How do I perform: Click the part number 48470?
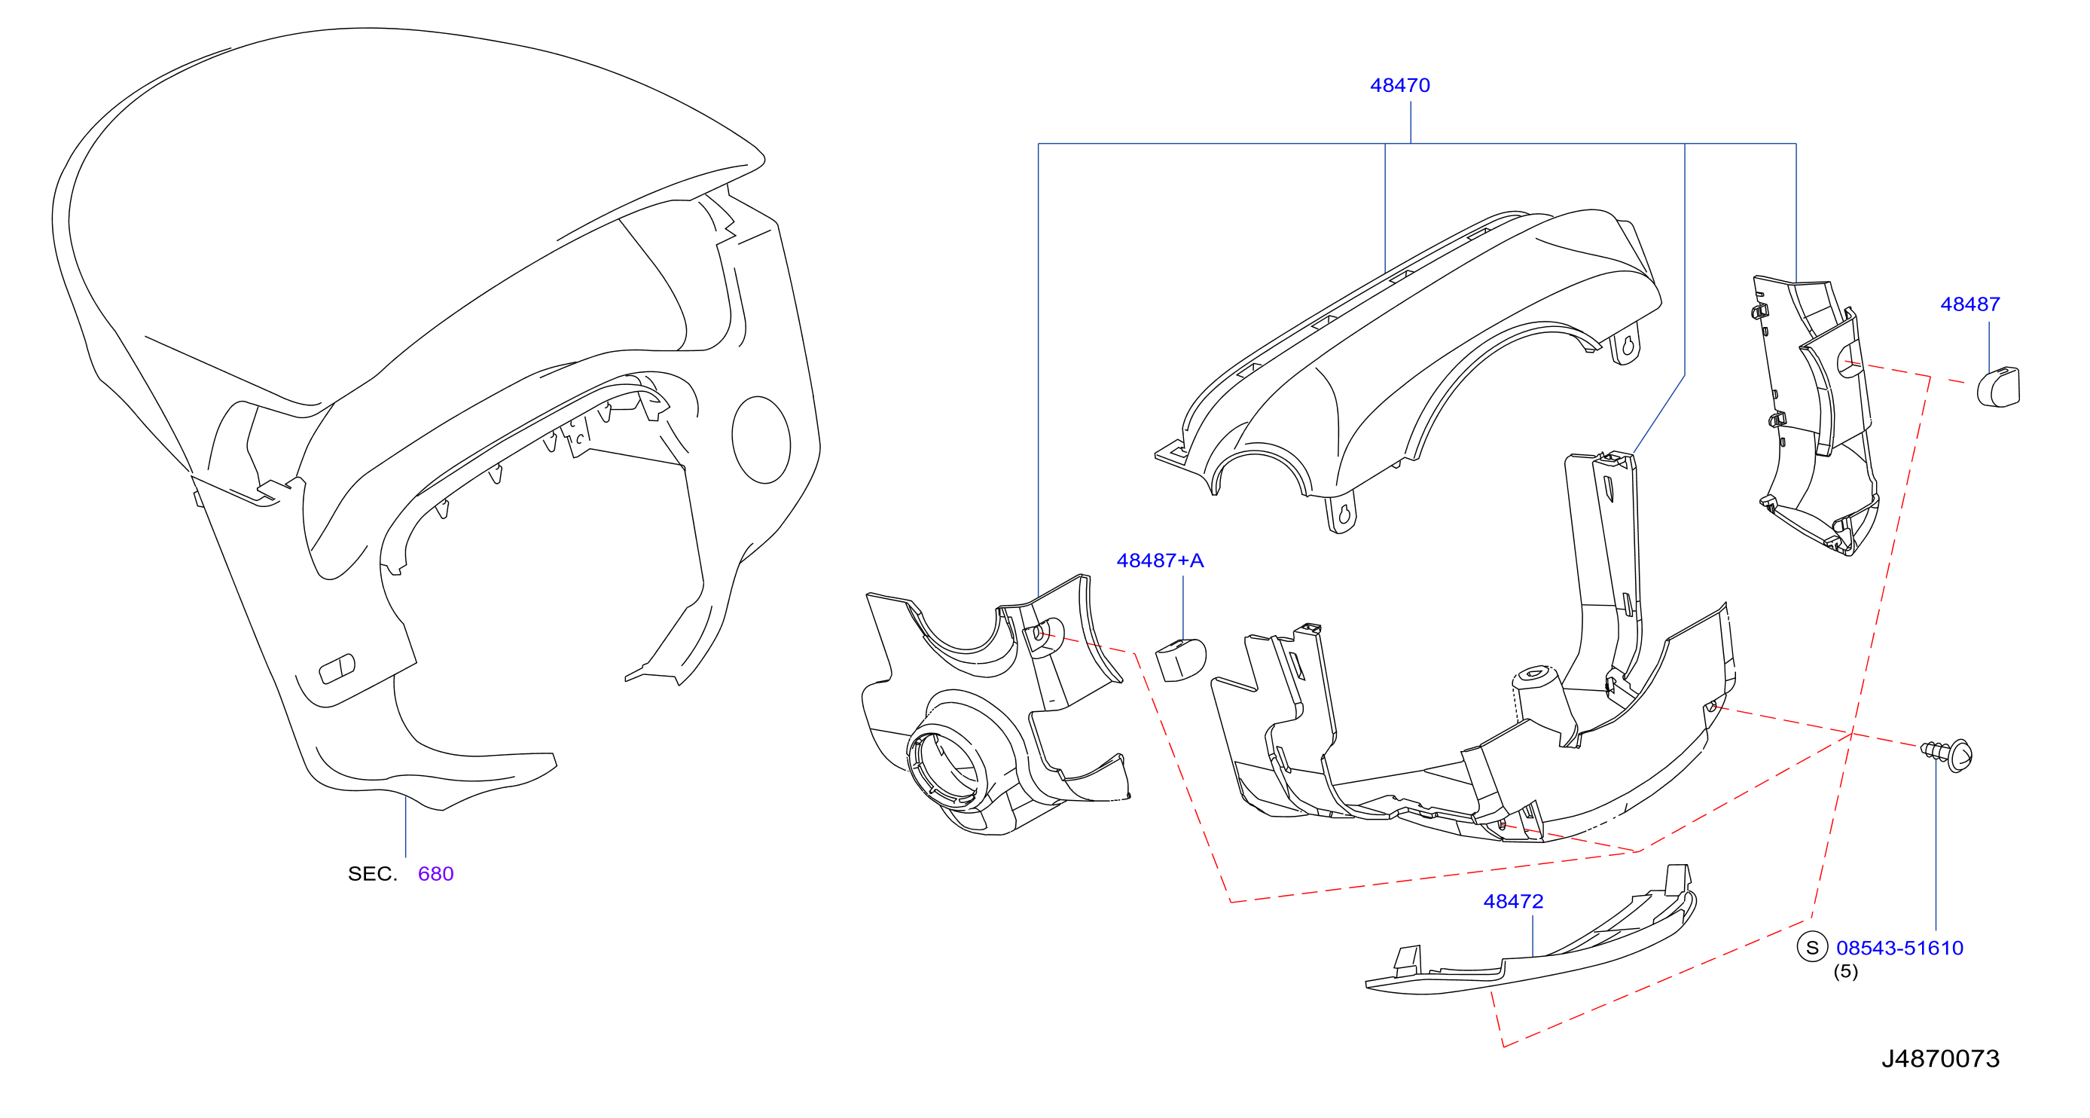click(1399, 85)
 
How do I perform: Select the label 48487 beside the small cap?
click(1970, 304)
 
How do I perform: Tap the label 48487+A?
click(1160, 561)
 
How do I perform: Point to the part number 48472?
click(1513, 901)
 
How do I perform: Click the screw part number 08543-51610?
click(1899, 948)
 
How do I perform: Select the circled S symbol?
click(1812, 947)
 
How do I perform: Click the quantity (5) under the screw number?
click(1846, 971)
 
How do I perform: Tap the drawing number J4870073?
click(1941, 1058)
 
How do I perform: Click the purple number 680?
click(435, 874)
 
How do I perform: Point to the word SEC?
click(372, 874)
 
